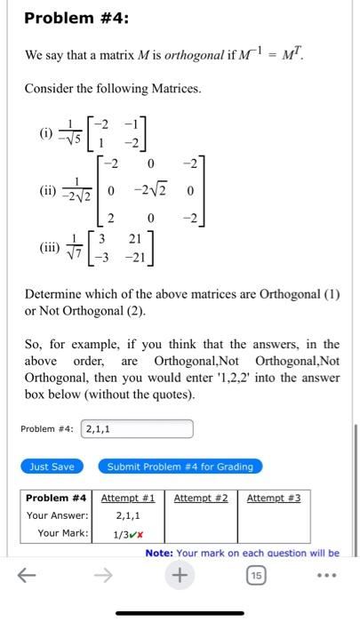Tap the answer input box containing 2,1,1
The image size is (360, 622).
[137, 429]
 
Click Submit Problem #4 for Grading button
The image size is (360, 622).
[180, 466]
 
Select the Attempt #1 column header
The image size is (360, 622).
[128, 498]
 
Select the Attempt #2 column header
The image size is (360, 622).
[201, 498]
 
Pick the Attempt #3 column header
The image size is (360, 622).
[274, 498]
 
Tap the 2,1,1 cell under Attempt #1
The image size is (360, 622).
[128, 515]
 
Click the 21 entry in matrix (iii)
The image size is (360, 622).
[137, 239]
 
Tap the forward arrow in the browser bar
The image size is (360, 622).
[103, 576]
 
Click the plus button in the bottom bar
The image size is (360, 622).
[180, 576]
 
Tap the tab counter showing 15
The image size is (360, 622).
[257, 576]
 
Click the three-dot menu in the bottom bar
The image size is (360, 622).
[333, 576]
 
